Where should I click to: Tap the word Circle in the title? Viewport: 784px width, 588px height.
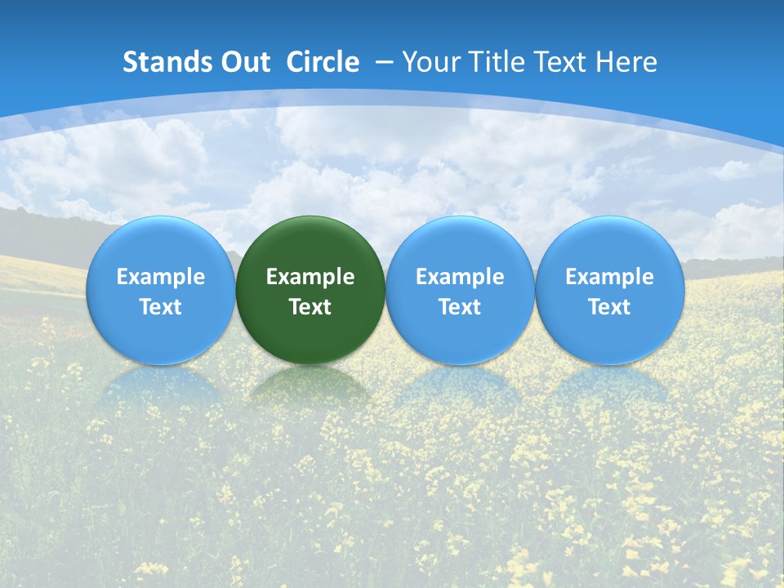click(323, 62)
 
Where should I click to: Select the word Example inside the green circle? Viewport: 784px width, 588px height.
click(310, 277)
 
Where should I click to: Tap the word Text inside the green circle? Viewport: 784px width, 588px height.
click(310, 307)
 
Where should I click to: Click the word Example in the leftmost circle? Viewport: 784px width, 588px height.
click(161, 277)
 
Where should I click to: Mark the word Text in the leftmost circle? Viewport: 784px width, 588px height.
click(161, 307)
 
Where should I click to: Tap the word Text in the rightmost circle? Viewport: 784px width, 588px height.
click(610, 307)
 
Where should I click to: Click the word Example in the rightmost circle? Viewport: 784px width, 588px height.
click(610, 277)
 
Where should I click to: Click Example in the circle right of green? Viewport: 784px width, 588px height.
click(460, 277)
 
